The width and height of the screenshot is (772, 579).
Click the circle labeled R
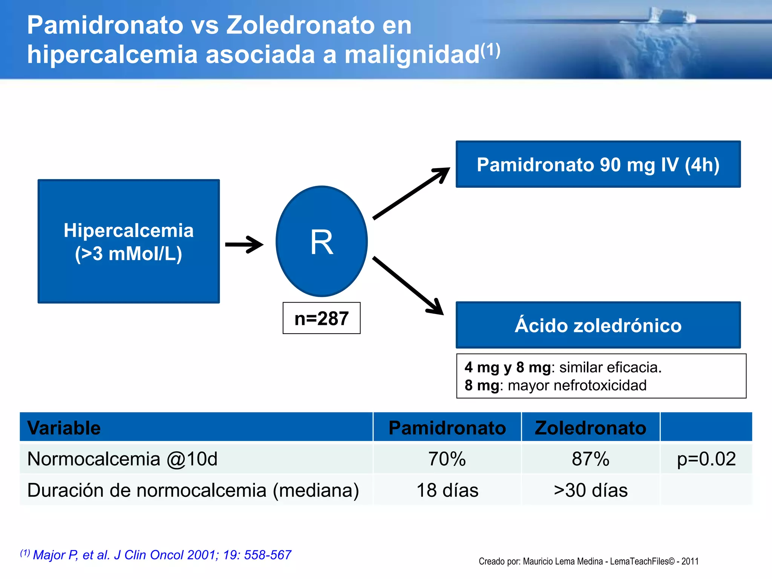click(322, 241)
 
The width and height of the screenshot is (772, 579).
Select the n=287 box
click(322, 318)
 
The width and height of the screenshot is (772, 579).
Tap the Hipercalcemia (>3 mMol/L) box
click(129, 241)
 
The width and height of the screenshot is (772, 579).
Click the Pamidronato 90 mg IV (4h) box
click(598, 164)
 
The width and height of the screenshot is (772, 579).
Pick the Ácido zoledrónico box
click(598, 325)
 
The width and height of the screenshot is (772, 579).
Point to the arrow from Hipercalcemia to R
click(244, 245)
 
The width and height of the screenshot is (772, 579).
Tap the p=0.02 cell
click(706, 459)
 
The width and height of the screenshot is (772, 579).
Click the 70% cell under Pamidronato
click(447, 459)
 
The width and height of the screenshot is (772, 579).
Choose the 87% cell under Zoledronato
click(590, 459)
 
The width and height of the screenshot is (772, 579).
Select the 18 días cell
click(447, 490)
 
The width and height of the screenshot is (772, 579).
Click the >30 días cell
click(590, 490)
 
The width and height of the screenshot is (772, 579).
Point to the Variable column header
click(64, 428)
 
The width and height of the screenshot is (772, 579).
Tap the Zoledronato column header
click(590, 428)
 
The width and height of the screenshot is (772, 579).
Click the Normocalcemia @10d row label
click(123, 459)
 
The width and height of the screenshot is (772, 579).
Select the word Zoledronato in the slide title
click(300, 25)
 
